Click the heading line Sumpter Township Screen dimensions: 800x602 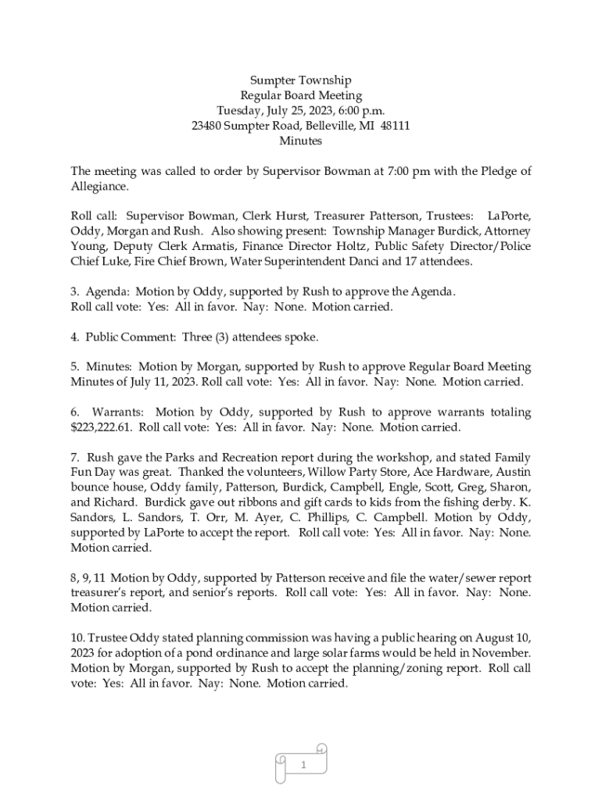300,80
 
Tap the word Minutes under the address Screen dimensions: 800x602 300,141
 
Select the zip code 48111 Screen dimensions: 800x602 396,126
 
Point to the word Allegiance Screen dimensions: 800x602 99,187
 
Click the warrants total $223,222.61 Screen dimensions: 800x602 102,427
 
